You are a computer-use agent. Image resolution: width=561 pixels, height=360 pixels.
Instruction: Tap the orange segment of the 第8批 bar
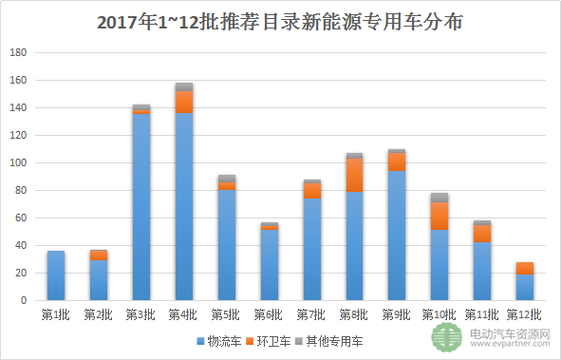[x=354, y=175]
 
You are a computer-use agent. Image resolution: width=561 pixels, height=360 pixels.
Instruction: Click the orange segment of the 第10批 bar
[x=439, y=216]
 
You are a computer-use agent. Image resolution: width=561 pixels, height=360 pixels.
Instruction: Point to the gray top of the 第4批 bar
[x=184, y=86]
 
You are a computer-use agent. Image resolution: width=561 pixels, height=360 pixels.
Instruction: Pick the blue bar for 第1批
[x=56, y=275]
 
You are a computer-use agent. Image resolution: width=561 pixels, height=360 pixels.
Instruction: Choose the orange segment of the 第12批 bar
[x=524, y=268]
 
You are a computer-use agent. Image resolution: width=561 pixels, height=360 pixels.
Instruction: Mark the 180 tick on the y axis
[x=16, y=53]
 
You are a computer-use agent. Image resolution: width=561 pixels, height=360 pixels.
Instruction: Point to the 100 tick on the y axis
[x=16, y=163]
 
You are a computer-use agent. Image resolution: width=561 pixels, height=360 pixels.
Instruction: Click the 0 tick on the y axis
[x=22, y=300]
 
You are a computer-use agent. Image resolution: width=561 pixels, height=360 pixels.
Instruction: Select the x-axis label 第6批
[x=269, y=313]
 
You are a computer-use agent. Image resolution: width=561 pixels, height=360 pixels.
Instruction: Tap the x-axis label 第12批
[x=524, y=313]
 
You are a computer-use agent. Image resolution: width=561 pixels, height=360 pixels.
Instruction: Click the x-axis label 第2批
[x=99, y=313]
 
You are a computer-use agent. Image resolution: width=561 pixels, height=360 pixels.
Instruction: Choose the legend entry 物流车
[x=217, y=339]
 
